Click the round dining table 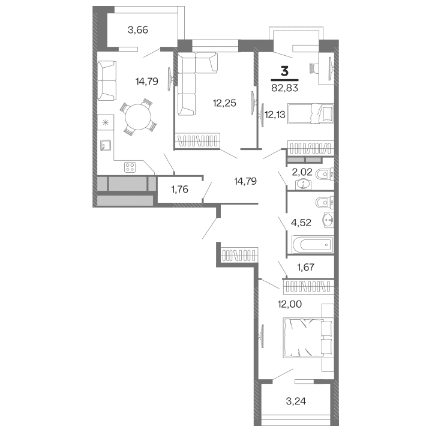tap(137, 117)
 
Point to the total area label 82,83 tap(284, 88)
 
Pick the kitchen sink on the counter tap(106, 145)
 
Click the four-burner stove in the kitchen tap(130, 166)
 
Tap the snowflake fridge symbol tap(106, 123)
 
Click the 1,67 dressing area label tap(307, 268)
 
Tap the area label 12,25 tap(224, 103)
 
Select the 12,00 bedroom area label tap(289, 304)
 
